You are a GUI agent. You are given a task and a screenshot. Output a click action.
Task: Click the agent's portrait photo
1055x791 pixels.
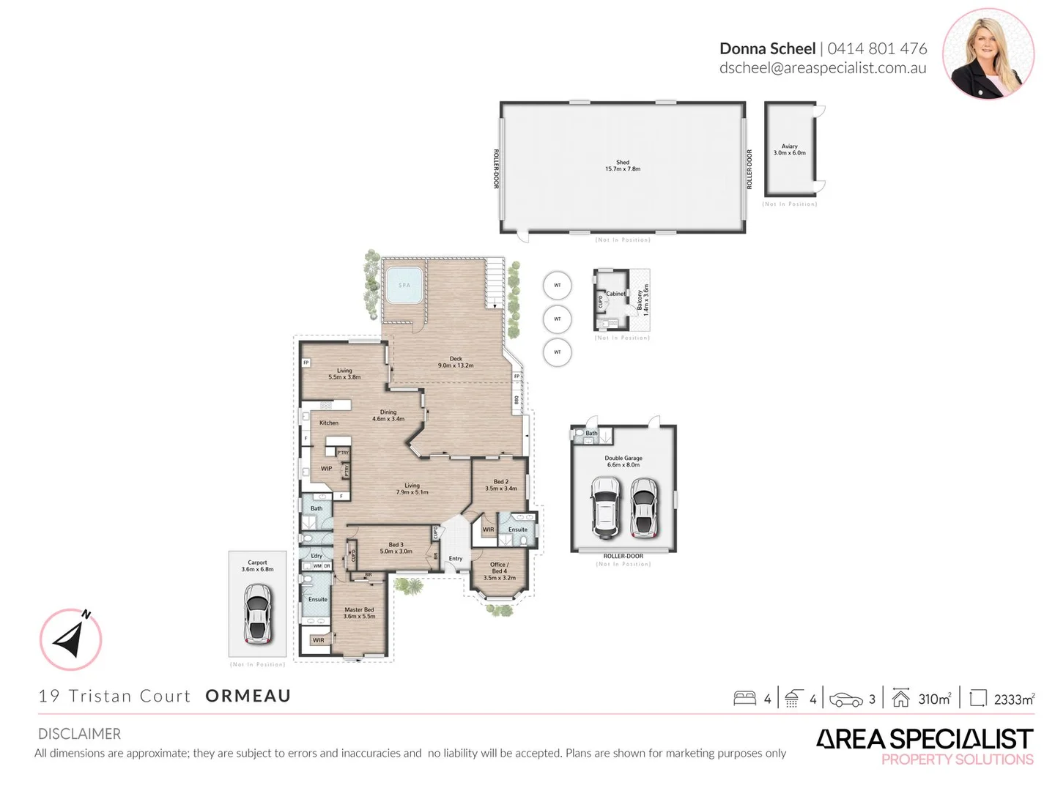pyautogui.click(x=988, y=53)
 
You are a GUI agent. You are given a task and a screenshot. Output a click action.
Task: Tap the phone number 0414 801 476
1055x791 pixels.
pyautogui.click(x=877, y=48)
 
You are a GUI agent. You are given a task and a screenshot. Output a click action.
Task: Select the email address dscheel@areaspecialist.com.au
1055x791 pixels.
pyautogui.click(x=823, y=68)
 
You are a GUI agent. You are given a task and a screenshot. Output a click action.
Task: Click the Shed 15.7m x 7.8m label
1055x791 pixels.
pyautogui.click(x=623, y=166)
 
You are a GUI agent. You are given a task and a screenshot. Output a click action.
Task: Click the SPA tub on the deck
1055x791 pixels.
pyautogui.click(x=404, y=286)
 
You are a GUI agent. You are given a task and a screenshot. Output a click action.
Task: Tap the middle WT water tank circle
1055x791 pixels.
pyautogui.click(x=558, y=319)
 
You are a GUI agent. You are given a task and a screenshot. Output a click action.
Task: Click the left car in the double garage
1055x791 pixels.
pyautogui.click(x=605, y=506)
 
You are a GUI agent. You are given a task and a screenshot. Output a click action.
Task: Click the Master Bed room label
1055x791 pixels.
pyautogui.click(x=359, y=612)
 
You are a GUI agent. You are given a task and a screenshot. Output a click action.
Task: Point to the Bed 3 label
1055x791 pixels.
pyautogui.click(x=396, y=548)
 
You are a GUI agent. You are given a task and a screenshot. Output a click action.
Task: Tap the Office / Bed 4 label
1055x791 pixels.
pyautogui.click(x=499, y=571)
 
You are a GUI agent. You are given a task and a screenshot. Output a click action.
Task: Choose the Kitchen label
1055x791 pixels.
pyautogui.click(x=329, y=423)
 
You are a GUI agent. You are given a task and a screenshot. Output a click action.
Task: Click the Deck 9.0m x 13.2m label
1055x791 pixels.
pyautogui.click(x=456, y=362)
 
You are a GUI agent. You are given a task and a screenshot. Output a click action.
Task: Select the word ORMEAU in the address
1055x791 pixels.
pyautogui.click(x=248, y=696)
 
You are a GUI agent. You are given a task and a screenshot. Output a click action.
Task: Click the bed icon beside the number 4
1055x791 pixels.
pyautogui.click(x=744, y=698)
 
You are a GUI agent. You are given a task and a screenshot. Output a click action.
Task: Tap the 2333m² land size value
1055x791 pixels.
pyautogui.click(x=1014, y=699)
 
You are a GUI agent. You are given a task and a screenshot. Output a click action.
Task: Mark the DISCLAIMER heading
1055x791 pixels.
pyautogui.click(x=79, y=734)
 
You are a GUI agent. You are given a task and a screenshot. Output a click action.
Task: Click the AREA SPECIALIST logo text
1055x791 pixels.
pyautogui.click(x=925, y=739)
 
